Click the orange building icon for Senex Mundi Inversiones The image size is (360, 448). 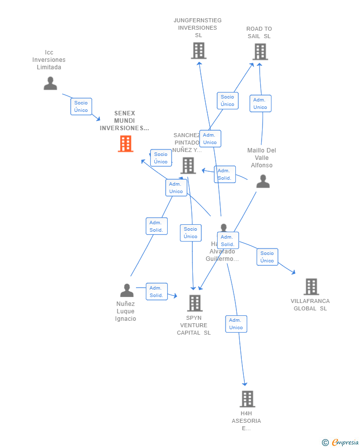click(126, 144)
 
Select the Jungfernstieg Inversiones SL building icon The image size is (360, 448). click(198, 50)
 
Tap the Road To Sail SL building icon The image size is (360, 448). click(260, 51)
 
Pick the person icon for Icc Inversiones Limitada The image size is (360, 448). click(50, 83)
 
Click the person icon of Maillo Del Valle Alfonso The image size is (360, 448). click(263, 182)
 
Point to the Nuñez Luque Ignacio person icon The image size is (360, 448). click(127, 290)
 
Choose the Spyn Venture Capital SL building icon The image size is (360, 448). click(195, 303)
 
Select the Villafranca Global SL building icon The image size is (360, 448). click(311, 287)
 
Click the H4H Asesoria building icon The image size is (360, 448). click(247, 398)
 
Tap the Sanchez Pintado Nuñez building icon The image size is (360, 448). click(188, 165)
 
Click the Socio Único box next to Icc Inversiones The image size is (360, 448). click(81, 106)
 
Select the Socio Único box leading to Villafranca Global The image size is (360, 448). click(267, 257)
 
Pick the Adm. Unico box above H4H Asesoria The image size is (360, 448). click(236, 324)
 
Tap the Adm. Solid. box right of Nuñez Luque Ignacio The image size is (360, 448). click(156, 292)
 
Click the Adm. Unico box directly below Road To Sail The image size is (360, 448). click(260, 103)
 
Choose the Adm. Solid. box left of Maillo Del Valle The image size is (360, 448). click(225, 174)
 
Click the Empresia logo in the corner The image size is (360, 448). click(341, 442)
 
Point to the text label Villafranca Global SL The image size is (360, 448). click(310, 305)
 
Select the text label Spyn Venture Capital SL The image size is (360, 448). click(194, 325)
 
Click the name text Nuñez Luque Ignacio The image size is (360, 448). click(126, 311)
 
